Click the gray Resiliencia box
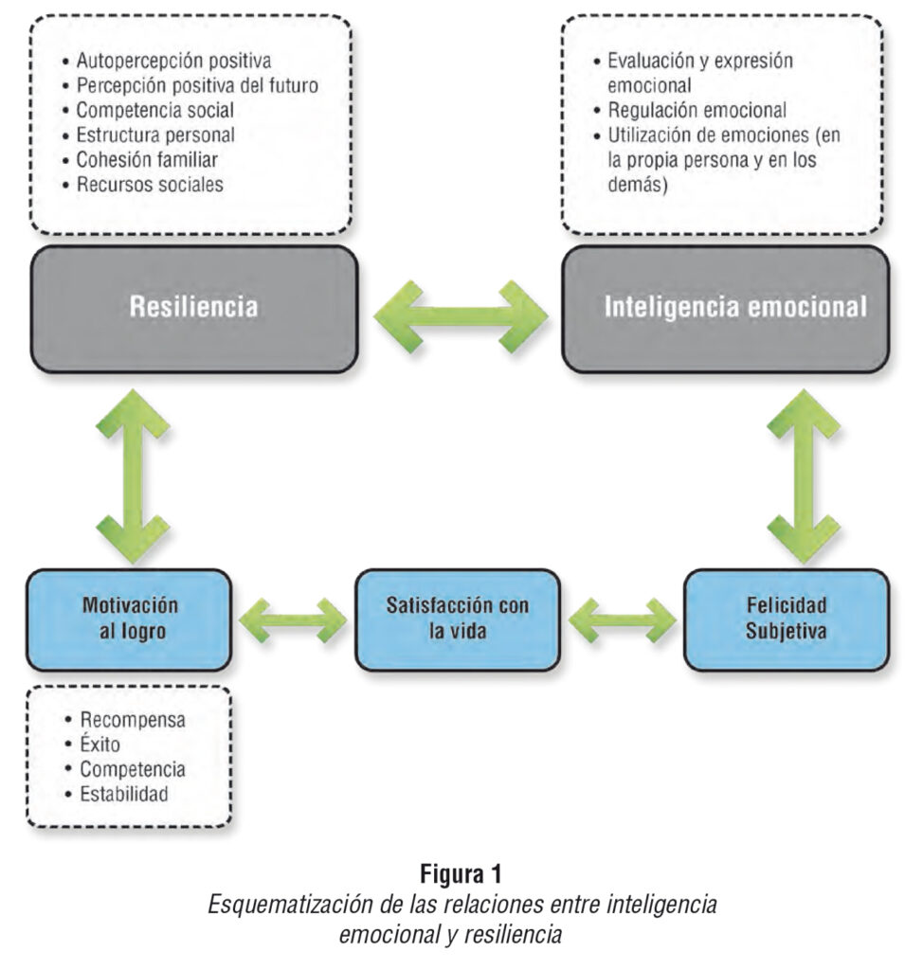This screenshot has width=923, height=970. coord(193,309)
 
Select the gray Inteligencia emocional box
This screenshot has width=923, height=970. coord(725,309)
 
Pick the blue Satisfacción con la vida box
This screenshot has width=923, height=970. coord(457,619)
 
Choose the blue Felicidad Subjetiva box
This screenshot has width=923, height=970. coord(786,619)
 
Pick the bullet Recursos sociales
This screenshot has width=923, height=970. coord(150,185)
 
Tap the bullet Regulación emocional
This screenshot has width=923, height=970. coord(697,111)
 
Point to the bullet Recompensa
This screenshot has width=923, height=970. coord(132,719)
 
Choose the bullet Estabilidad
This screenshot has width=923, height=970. coord(124,793)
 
